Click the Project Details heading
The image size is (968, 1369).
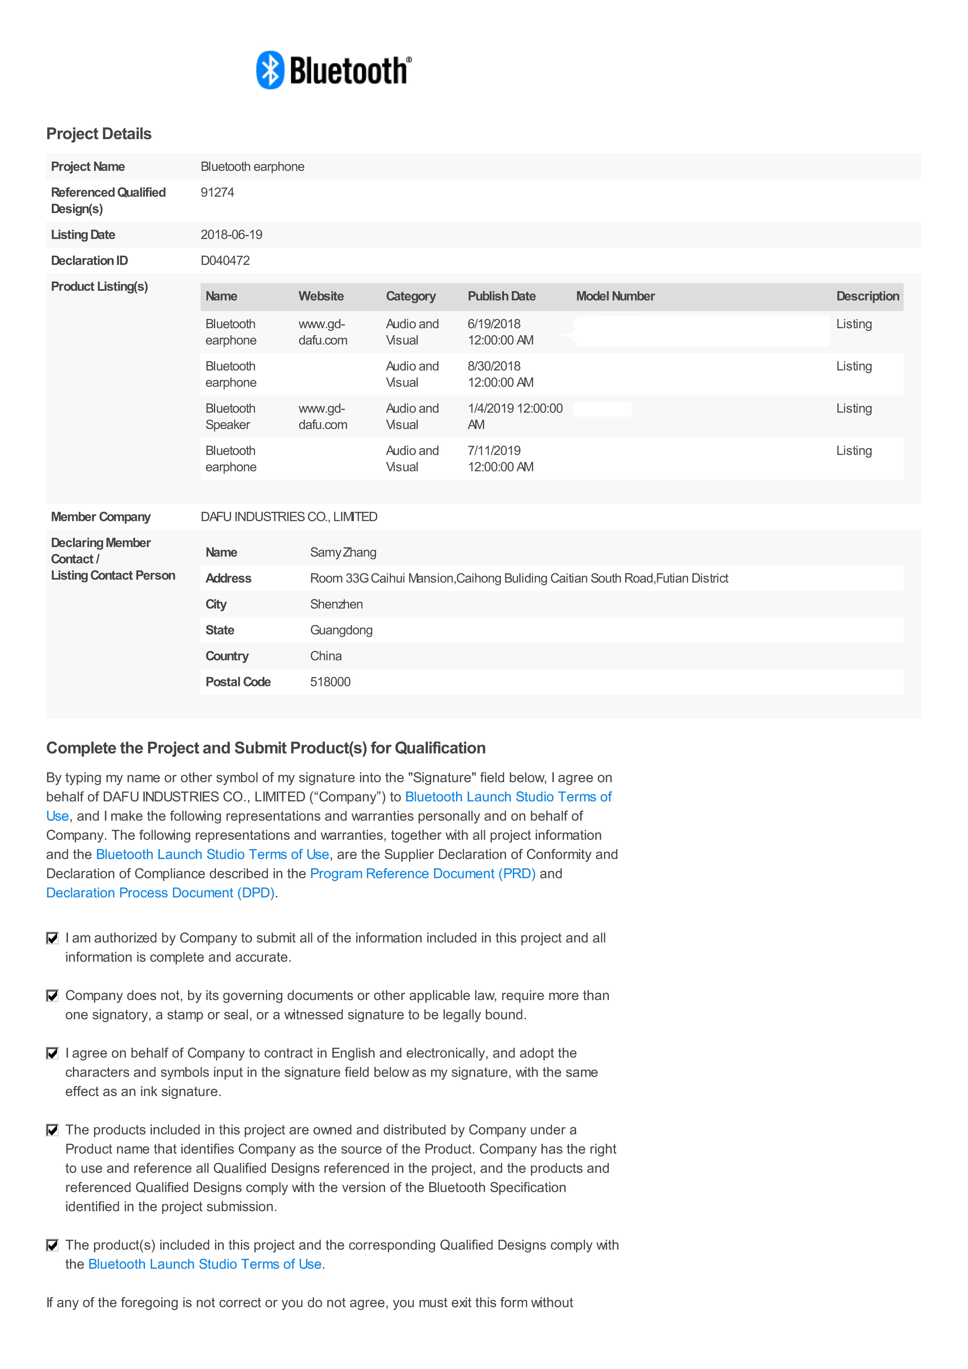[x=99, y=133]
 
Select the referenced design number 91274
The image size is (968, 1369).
[x=217, y=192]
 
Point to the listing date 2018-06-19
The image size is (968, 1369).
[x=232, y=234]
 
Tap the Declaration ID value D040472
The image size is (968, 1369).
[x=225, y=261]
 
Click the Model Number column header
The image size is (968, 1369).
[x=615, y=296]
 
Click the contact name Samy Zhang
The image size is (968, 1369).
[x=343, y=552]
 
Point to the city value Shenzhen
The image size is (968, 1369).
[x=336, y=604]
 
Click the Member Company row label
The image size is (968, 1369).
[x=101, y=517]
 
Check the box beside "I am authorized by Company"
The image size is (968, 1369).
[x=52, y=939]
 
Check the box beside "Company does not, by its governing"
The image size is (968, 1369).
[x=52, y=996]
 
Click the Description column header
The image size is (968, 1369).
[x=867, y=296]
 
